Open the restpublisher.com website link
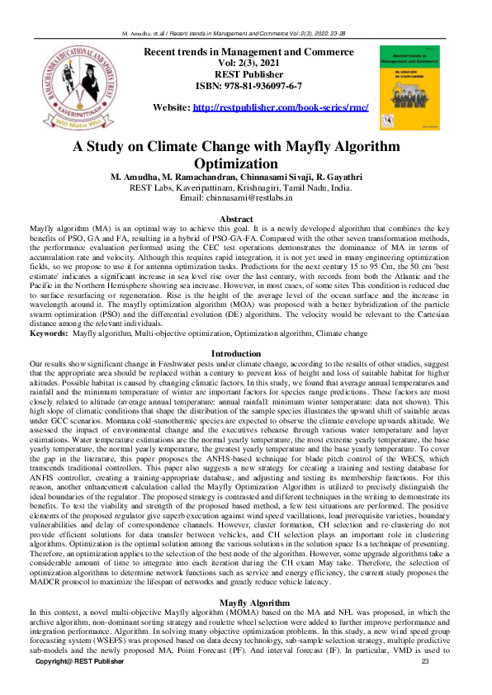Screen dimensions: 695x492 (x=280, y=108)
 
